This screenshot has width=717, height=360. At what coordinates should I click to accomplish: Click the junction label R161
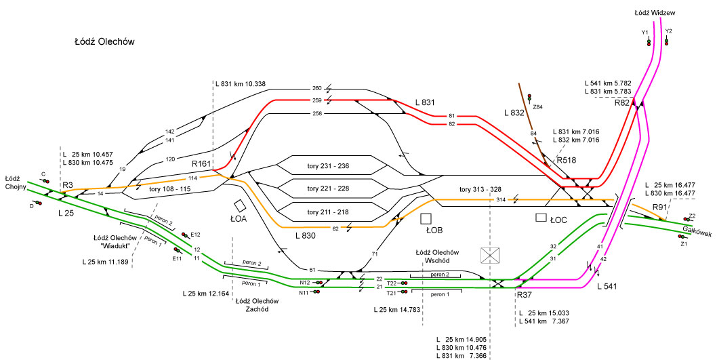click(203, 164)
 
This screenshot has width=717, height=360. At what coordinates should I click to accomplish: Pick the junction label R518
click(566, 161)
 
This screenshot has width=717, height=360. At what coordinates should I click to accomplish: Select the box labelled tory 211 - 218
click(328, 212)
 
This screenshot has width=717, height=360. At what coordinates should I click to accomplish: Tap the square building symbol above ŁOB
click(426, 218)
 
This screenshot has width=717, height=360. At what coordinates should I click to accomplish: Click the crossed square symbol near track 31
click(490, 256)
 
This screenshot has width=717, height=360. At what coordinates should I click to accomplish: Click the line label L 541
click(609, 287)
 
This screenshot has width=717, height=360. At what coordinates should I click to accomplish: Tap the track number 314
click(501, 200)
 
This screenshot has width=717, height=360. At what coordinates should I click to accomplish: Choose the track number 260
click(316, 89)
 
